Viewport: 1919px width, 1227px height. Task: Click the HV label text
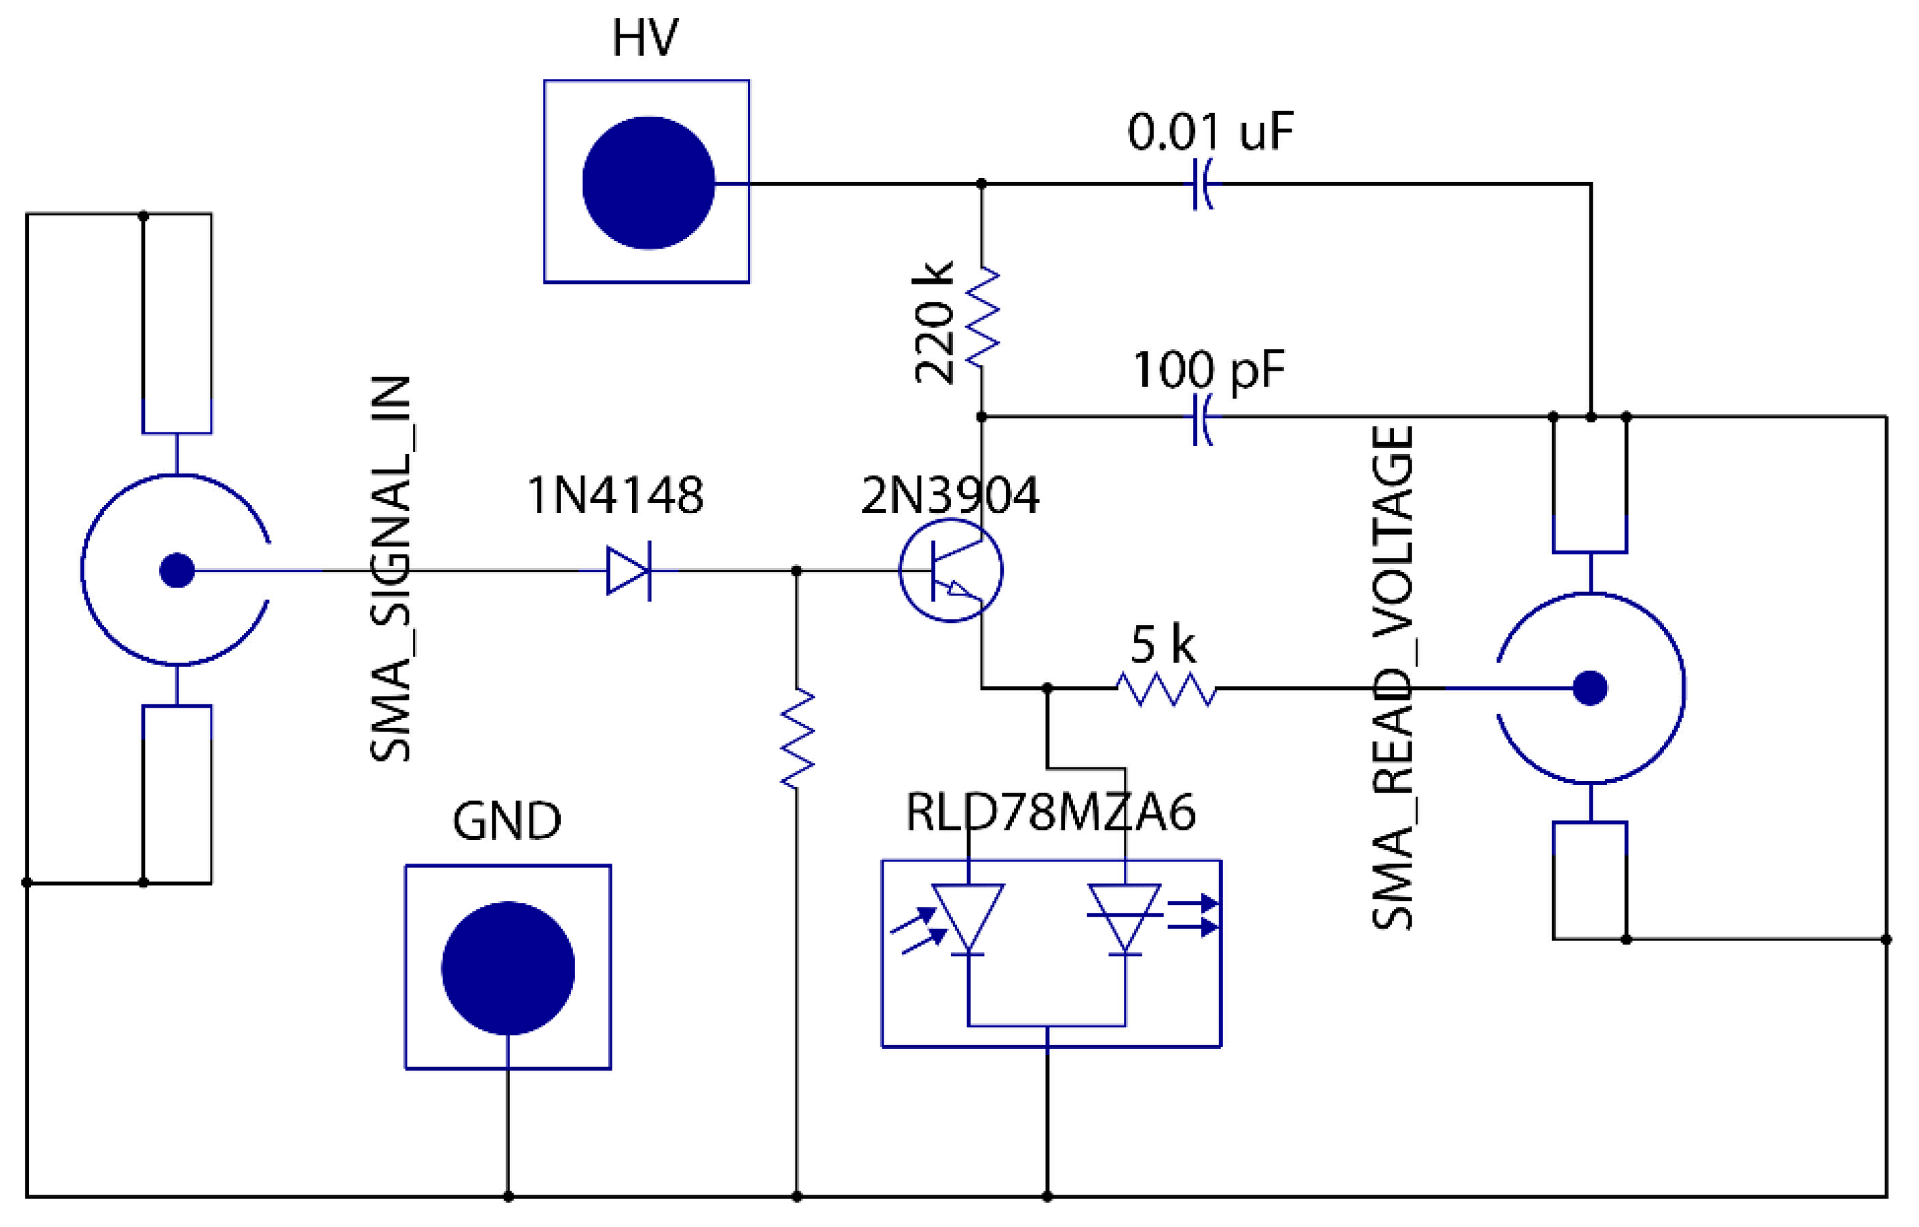[645, 38]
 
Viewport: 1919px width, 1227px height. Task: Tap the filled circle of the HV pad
[648, 182]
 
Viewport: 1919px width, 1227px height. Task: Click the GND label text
[507, 821]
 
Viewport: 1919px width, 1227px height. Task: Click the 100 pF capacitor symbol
[1203, 417]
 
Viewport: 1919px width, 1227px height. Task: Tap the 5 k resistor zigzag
[1166, 688]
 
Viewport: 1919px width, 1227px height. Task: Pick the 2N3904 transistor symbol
[950, 571]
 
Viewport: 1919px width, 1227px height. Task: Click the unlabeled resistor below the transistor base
[797, 739]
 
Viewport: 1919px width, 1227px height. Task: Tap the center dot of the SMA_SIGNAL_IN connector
[177, 571]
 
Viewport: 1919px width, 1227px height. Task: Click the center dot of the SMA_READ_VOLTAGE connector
[1590, 688]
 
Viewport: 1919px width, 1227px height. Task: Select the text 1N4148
[615, 495]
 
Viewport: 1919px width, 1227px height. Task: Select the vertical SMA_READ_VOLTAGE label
[1392, 678]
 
